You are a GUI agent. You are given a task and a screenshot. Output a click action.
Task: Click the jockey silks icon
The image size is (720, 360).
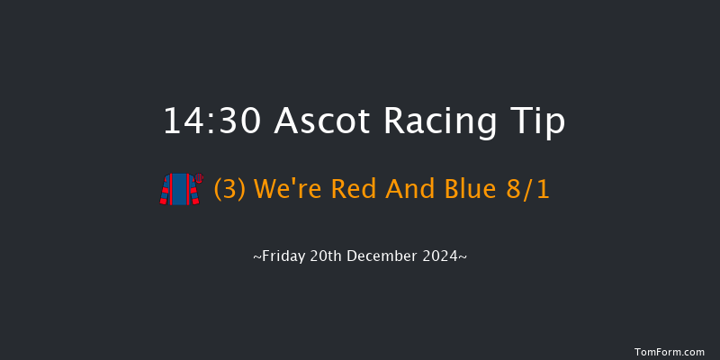(x=180, y=189)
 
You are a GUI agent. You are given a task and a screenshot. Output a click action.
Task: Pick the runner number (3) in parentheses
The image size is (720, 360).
(x=230, y=190)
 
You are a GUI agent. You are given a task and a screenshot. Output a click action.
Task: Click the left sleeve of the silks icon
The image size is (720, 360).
(x=165, y=191)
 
